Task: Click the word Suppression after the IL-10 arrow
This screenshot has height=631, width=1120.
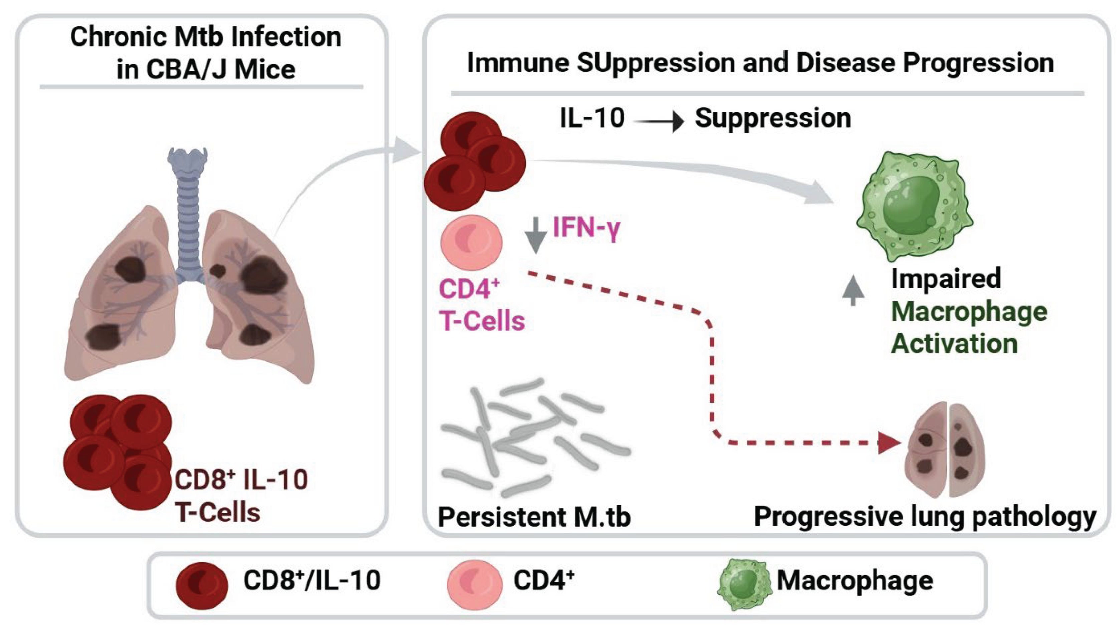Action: click(772, 118)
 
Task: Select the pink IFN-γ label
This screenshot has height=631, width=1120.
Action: click(586, 227)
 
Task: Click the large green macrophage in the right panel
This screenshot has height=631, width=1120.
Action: click(914, 207)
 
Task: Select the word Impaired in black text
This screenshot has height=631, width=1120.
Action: click(946, 279)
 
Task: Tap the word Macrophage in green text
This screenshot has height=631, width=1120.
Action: click(969, 312)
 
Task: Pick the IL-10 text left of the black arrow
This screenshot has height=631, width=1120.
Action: click(592, 118)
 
